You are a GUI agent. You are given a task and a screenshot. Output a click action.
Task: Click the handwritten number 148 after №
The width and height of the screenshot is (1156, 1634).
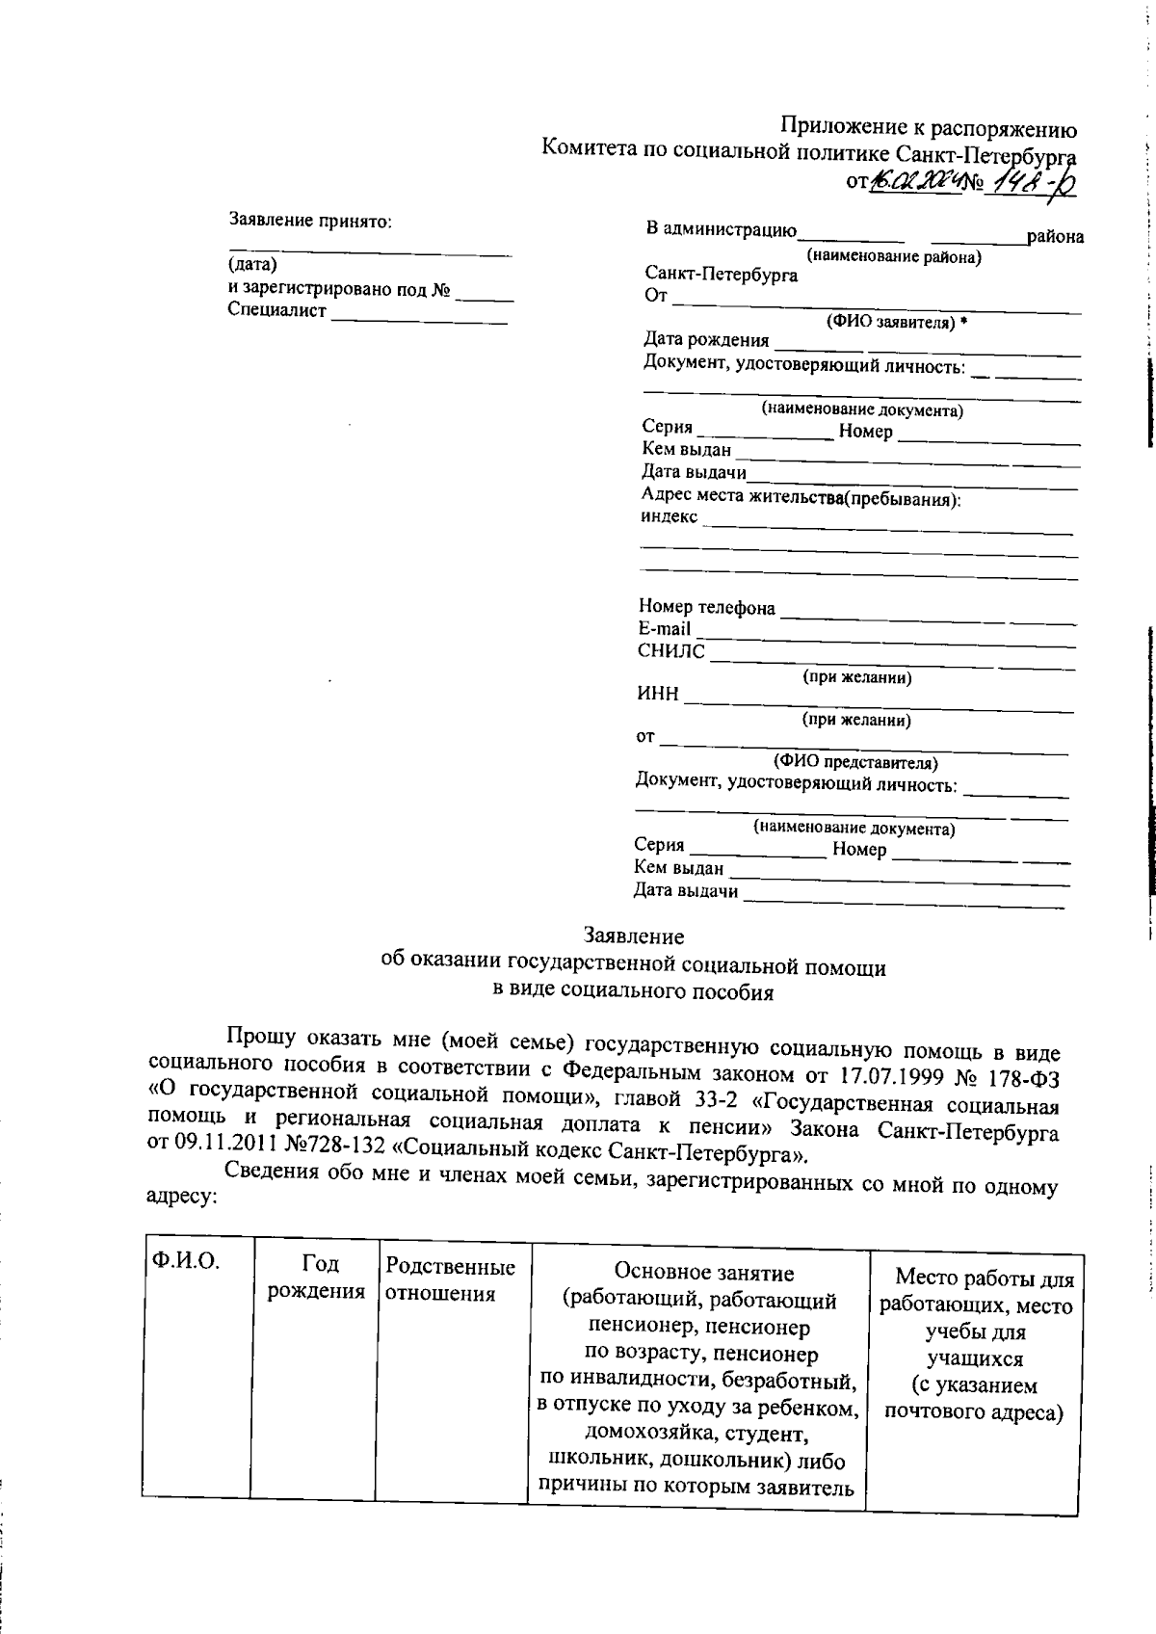click(x=1021, y=181)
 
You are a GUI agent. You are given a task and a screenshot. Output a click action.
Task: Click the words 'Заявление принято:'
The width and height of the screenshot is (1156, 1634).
click(x=310, y=221)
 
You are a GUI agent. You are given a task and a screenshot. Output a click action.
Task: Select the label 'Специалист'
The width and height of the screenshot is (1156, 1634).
click(x=277, y=310)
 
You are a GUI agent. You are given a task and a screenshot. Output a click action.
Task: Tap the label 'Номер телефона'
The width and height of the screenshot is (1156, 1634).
click(x=706, y=607)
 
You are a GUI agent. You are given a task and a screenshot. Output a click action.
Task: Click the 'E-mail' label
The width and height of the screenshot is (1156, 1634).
click(x=664, y=629)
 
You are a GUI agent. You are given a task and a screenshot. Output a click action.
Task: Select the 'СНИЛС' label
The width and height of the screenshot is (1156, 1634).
click(x=670, y=652)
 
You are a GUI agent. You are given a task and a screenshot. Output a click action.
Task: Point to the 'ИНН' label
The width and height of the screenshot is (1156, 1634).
click(x=657, y=695)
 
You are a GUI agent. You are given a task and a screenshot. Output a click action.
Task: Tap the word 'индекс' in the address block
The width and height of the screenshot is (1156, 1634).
click(x=670, y=516)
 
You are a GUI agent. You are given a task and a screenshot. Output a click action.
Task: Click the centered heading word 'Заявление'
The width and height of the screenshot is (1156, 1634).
click(x=634, y=936)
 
